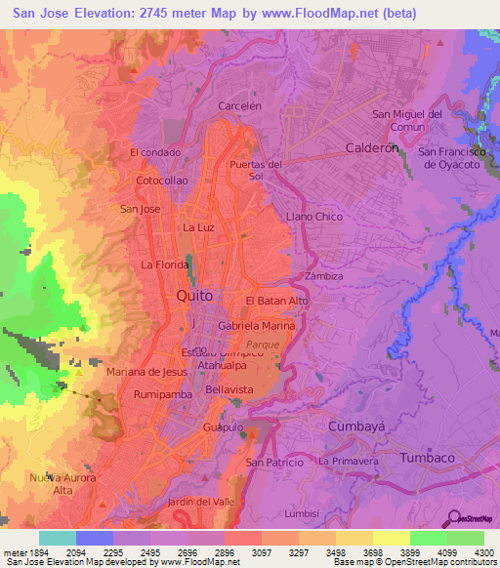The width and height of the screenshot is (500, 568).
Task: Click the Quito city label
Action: (193, 294)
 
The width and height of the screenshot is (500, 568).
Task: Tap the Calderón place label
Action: (373, 148)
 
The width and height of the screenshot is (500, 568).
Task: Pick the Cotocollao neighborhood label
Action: (162, 181)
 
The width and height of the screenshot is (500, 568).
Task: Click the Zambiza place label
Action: (323, 276)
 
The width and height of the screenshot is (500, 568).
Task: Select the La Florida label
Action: (164, 264)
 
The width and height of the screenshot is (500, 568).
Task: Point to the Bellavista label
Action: (229, 388)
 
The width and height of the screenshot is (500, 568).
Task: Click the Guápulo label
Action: (221, 427)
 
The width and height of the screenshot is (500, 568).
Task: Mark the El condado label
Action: (155, 152)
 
